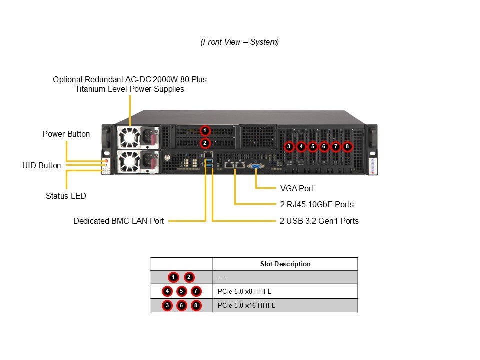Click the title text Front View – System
239,42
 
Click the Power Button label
66,134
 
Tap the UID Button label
42,165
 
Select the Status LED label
66,196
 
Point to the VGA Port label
297,188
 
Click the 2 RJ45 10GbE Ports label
317,204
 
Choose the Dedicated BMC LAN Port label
118,221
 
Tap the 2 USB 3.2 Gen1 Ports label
319,221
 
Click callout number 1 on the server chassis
204,130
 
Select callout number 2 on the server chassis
204,143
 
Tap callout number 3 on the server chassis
289,147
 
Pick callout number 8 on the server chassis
347,147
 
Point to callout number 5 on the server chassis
312,147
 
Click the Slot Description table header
285,264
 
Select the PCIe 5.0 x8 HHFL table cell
245,291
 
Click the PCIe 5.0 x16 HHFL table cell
246,305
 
